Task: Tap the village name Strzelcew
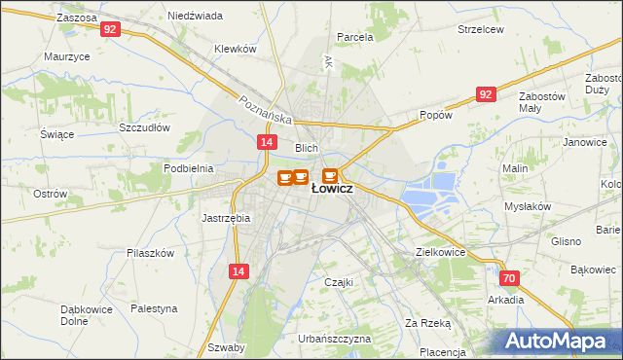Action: [481, 30]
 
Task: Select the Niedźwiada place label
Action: [195, 17]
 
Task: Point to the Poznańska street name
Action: [266, 109]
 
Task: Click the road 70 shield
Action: [512, 278]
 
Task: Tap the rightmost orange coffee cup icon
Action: [330, 176]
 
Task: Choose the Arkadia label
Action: [506, 300]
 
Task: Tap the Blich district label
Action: [308, 147]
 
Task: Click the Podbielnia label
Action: [189, 168]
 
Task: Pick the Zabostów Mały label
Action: [542, 103]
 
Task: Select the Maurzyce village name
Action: [67, 56]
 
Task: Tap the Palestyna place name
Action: [155, 308]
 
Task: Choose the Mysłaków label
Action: [528, 206]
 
